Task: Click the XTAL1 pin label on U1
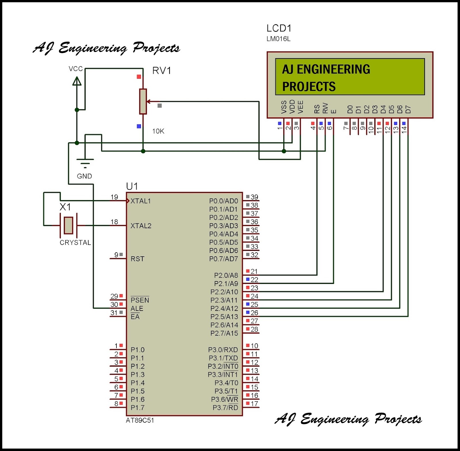coord(141,201)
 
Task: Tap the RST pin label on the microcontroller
coord(137,259)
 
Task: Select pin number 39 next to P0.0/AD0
coord(254,197)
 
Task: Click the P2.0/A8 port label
coord(226,276)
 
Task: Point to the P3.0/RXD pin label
coord(223,350)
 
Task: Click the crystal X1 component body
coord(68,225)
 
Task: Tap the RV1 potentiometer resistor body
coord(143,101)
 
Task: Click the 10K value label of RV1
coord(158,131)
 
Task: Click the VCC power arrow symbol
coord(77,81)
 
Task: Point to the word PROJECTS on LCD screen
coord(309,87)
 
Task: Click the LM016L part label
coord(278,39)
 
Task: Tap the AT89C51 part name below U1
coord(140,421)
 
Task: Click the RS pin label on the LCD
coord(317,109)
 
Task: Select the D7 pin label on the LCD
coord(408,109)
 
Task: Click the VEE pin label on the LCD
coord(300,107)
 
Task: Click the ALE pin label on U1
coord(137,309)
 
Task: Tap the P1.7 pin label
coord(137,408)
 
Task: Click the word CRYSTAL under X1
coord(75,243)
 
